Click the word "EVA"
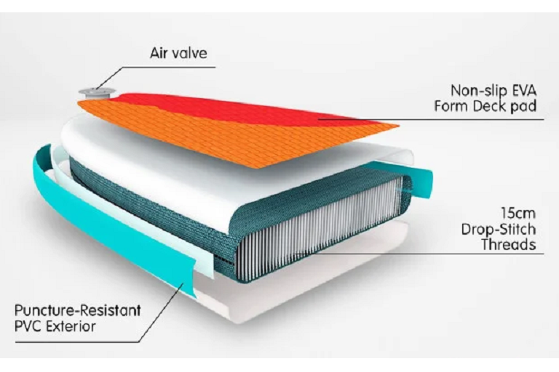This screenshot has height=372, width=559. [x=524, y=90]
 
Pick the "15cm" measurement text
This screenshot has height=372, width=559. [x=518, y=214]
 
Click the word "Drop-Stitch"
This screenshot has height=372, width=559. [x=499, y=230]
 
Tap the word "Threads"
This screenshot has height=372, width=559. [x=509, y=245]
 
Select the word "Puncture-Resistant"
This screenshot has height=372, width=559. [x=77, y=310]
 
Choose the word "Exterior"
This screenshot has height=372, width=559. [x=72, y=326]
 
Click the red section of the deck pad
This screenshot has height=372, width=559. [x=250, y=108]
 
